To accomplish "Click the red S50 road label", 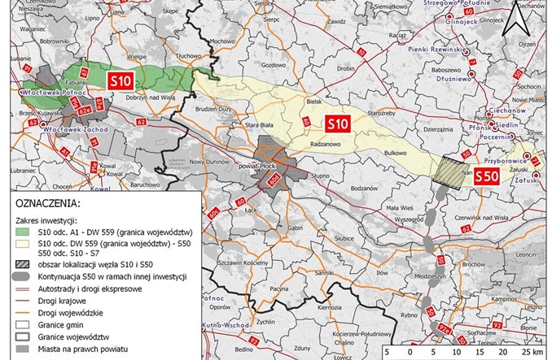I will click(487, 175).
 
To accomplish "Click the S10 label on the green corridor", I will click(120, 80).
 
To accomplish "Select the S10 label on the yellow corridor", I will click(337, 124).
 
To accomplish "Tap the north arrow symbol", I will click(511, 17).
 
